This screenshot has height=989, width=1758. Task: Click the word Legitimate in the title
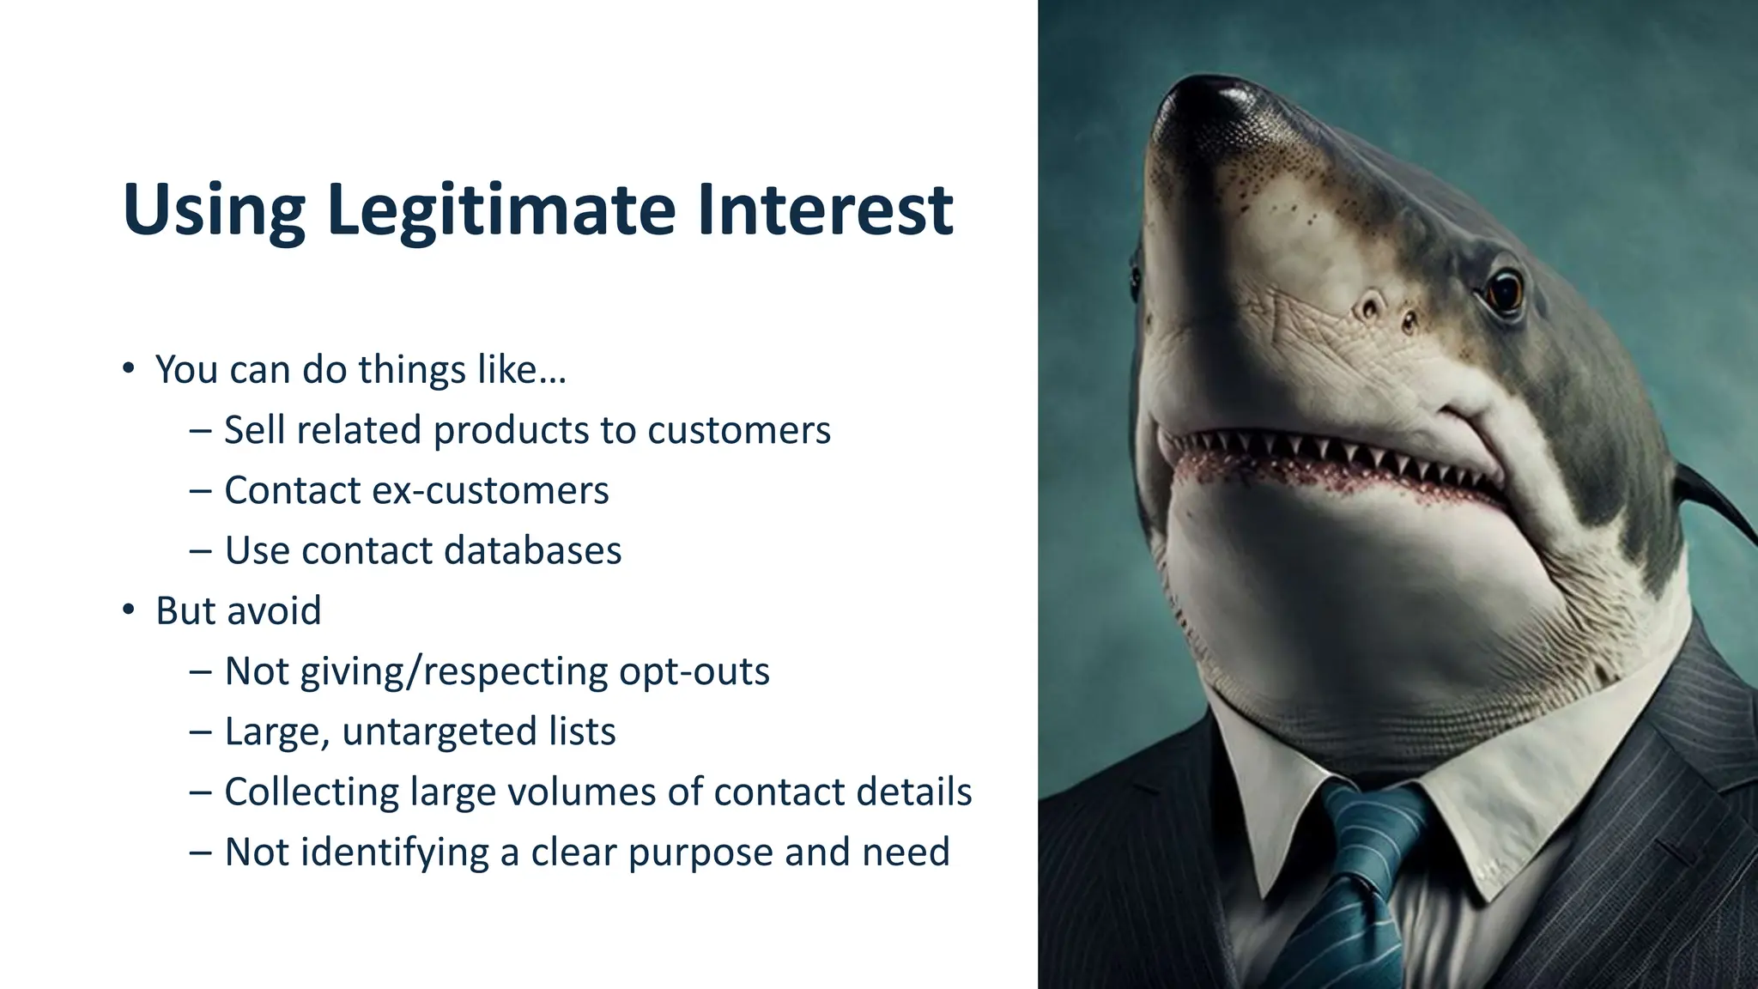pyautogui.click(x=500, y=210)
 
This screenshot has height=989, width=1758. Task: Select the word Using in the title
pyautogui.click(x=214, y=210)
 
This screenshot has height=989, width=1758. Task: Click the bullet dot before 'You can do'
pyautogui.click(x=129, y=369)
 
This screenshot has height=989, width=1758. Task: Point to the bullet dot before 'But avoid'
pyautogui.click(x=129, y=610)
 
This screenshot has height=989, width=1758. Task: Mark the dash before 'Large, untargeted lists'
pyautogui.click(x=200, y=732)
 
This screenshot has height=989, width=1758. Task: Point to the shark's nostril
pyautogui.click(x=1370, y=306)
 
